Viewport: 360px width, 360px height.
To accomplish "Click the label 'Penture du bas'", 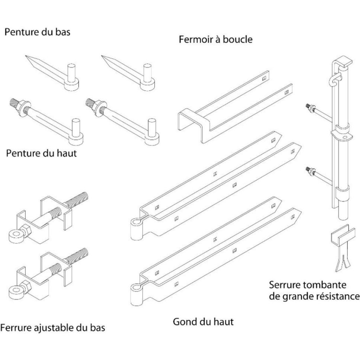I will [37, 32].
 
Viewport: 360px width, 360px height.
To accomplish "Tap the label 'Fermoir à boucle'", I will [215, 39].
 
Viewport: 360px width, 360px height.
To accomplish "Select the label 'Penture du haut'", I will [41, 153].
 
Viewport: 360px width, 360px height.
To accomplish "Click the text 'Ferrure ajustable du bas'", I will [52, 328].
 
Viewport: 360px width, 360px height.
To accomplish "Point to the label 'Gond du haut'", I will [203, 321].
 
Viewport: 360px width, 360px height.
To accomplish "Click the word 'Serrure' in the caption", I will [286, 285].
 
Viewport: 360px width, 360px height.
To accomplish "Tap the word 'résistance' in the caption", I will [339, 296].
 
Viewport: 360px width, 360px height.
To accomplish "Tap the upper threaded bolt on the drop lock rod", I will [311, 108].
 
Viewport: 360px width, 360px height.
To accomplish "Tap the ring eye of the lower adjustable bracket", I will [15, 291].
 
